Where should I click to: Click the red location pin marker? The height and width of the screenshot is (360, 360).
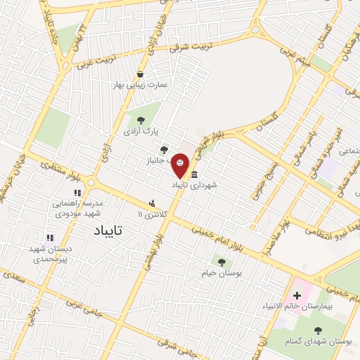(181, 165)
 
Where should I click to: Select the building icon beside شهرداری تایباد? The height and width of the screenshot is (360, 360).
(194, 175)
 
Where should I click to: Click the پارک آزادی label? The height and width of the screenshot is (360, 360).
(142, 131)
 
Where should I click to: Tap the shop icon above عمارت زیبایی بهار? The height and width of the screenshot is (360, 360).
(141, 74)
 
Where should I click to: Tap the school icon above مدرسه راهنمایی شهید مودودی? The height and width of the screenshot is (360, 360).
(77, 192)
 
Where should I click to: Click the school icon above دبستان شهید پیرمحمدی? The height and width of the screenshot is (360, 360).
(49, 238)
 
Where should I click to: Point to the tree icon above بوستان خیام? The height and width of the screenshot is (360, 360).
(221, 262)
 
